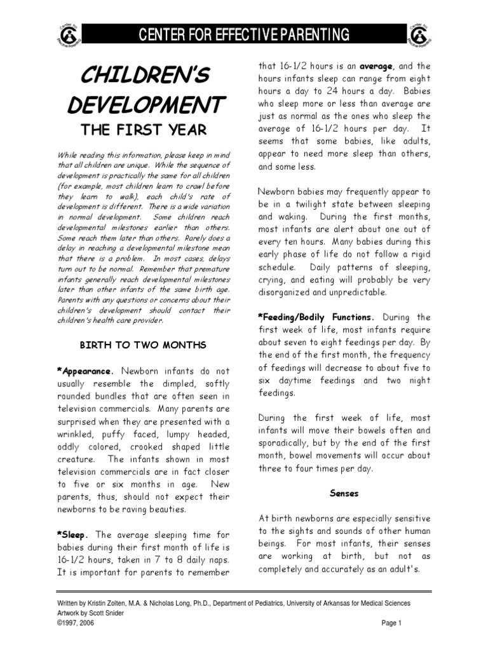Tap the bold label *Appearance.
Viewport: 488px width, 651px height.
click(86, 370)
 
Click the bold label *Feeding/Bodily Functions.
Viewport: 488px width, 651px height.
click(316, 317)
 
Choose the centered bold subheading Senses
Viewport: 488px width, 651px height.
click(344, 493)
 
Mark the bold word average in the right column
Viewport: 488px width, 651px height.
click(377, 65)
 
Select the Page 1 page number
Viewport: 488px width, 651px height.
click(392, 624)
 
